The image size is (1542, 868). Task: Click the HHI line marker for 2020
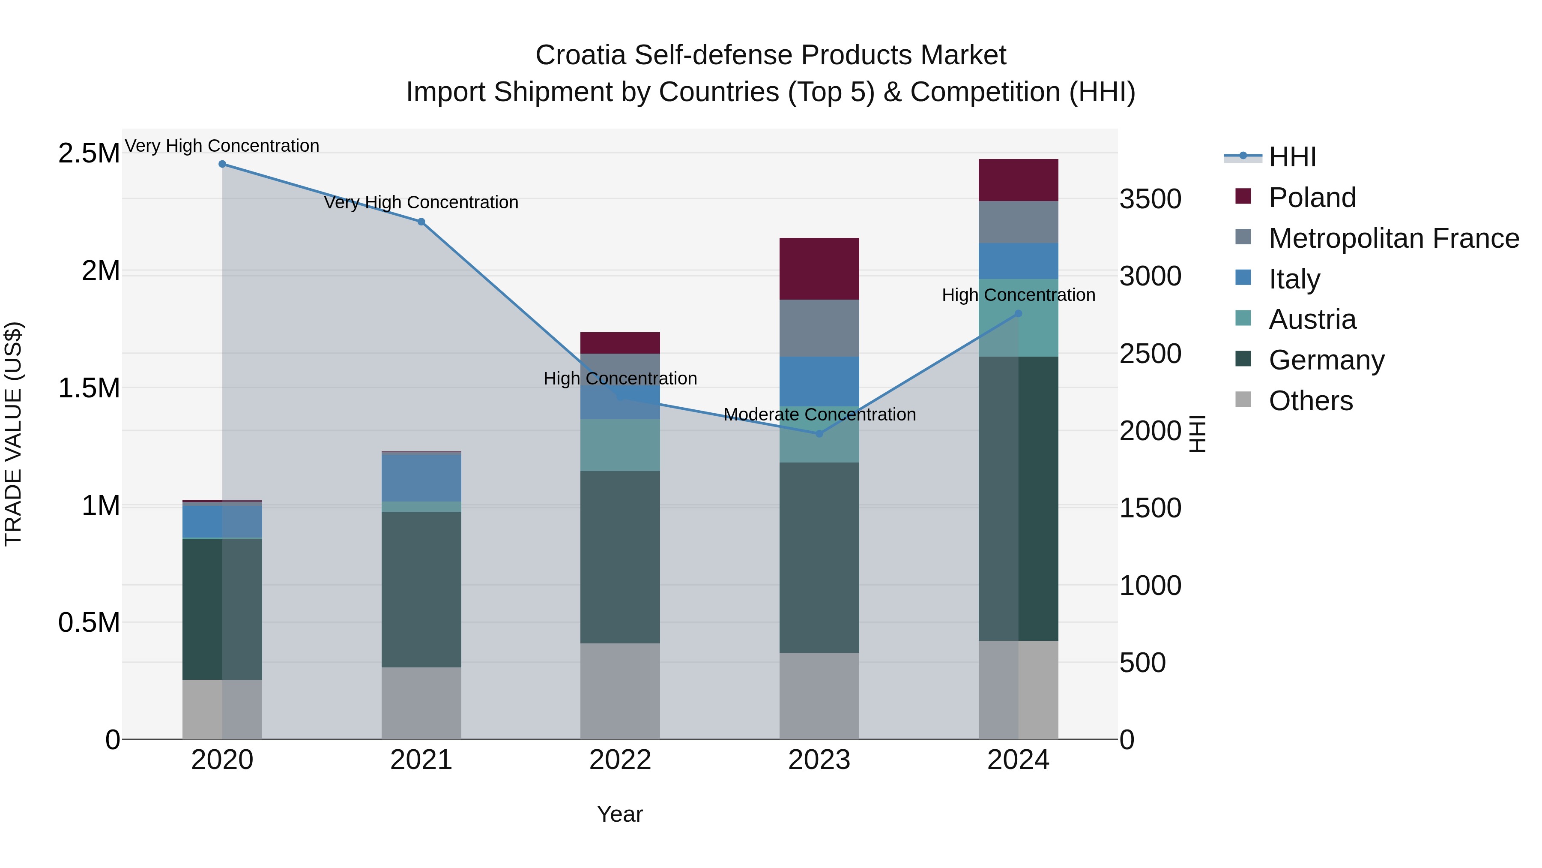pos(222,164)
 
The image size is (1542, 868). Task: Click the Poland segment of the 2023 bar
pos(819,269)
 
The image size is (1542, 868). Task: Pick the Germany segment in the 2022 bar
pos(620,557)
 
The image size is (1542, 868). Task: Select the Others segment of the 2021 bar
pos(421,703)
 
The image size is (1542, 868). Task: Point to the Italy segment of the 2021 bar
pos(421,478)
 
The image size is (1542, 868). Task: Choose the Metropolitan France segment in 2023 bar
pos(819,328)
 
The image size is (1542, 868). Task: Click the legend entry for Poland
pos(1312,198)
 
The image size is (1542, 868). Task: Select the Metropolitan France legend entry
pos(1393,238)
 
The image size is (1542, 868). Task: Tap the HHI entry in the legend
pos(1292,157)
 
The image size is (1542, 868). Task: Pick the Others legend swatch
pos(1243,399)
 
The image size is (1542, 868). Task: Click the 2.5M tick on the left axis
pos(89,153)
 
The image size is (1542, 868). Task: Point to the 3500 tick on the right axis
pos(1150,199)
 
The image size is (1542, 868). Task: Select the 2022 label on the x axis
pos(620,760)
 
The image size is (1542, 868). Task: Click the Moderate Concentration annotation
pos(819,414)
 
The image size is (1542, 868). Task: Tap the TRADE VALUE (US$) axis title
pos(13,434)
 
